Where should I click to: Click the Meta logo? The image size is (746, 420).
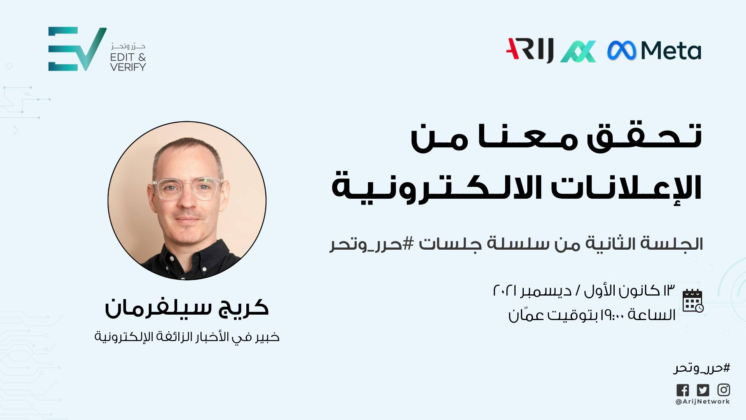point(654,51)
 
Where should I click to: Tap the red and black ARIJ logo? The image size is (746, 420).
point(530,50)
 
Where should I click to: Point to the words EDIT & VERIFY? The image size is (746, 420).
point(128,62)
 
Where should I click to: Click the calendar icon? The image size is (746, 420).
point(693,301)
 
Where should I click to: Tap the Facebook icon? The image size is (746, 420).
point(683,390)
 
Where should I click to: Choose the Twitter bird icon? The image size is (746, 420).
point(703,390)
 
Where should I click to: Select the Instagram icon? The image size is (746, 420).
point(723,390)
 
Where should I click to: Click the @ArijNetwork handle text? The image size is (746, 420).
point(702,402)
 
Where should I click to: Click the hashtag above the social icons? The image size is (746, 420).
point(702,368)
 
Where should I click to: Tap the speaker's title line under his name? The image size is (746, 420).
point(187,337)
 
